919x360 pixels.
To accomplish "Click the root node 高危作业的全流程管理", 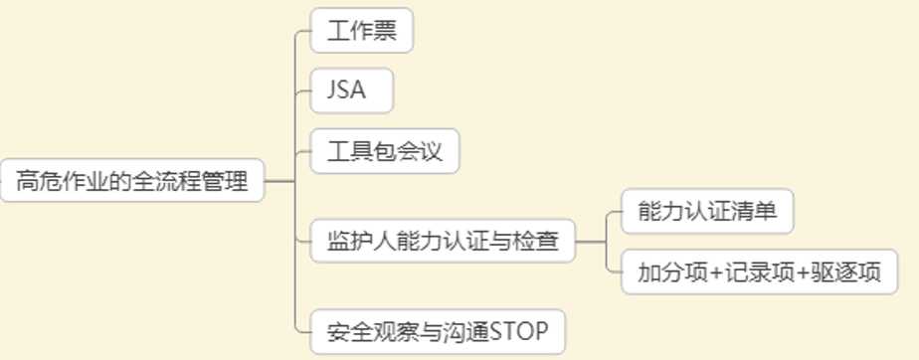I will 132,182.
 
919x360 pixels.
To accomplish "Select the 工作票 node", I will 361,31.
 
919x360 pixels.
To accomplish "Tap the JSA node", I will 352,91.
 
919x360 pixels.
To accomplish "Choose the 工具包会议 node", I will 384,152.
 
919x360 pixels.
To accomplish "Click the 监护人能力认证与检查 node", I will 443,241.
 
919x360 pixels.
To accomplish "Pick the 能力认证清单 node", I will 706,210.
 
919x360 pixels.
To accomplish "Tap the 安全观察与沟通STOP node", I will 438,331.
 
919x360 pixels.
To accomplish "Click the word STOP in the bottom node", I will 519,331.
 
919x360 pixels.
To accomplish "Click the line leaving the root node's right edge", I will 279,182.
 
